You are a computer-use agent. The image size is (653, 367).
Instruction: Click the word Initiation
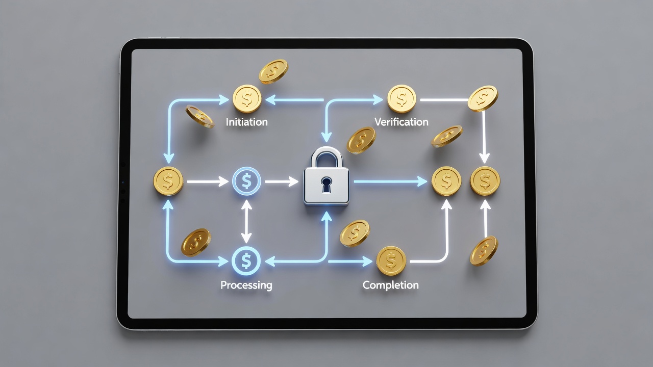tap(246, 122)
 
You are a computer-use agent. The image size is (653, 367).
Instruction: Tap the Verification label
tap(401, 122)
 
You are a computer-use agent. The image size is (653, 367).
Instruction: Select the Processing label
tap(246, 285)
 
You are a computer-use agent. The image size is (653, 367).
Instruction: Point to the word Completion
tap(391, 285)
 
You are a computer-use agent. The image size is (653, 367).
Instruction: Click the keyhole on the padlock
tap(326, 185)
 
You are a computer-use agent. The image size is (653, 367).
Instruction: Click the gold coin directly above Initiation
tap(247, 99)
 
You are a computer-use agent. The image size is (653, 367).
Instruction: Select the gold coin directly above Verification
tap(401, 99)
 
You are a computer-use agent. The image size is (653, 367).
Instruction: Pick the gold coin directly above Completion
tap(391, 261)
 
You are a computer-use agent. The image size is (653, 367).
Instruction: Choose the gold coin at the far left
tap(168, 181)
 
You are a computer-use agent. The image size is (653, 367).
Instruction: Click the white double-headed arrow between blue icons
tap(246, 221)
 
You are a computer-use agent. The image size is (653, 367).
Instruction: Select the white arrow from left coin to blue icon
tap(208, 181)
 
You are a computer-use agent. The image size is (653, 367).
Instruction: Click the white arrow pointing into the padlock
tap(282, 181)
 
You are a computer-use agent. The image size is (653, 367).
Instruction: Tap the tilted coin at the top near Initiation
tap(273, 71)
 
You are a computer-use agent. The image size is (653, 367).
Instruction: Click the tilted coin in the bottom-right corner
tap(484, 251)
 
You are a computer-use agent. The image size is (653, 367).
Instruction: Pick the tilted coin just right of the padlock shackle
tap(361, 140)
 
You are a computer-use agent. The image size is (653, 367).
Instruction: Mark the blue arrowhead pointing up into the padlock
tap(326, 217)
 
